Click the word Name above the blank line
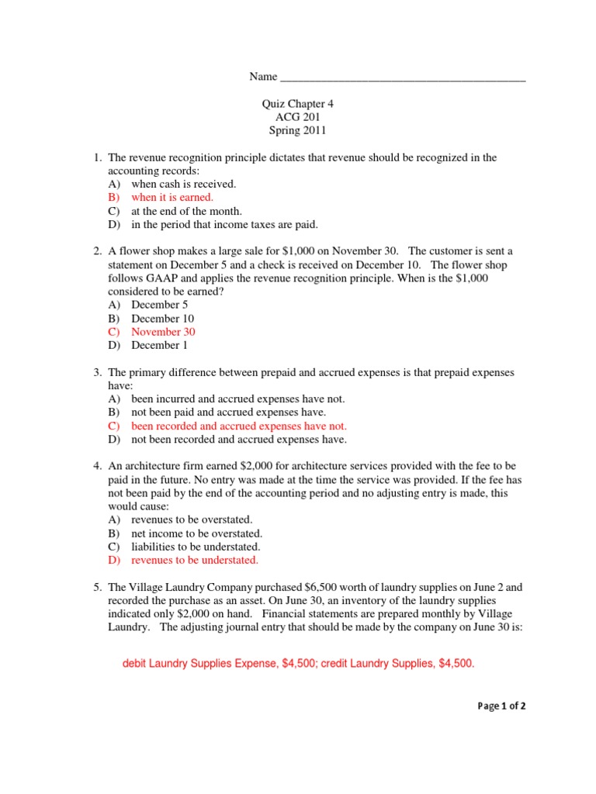click(x=263, y=77)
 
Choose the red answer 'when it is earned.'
click(x=172, y=198)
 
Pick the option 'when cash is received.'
click(x=184, y=185)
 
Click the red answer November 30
click(x=163, y=332)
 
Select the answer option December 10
click(x=162, y=319)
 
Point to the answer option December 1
click(x=159, y=346)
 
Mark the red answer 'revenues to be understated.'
click(x=195, y=560)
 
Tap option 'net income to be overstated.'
click(x=196, y=533)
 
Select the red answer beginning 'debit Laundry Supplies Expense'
click(x=299, y=665)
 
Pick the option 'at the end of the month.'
click(x=187, y=211)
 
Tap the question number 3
click(x=98, y=373)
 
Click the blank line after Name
click(x=402, y=78)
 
